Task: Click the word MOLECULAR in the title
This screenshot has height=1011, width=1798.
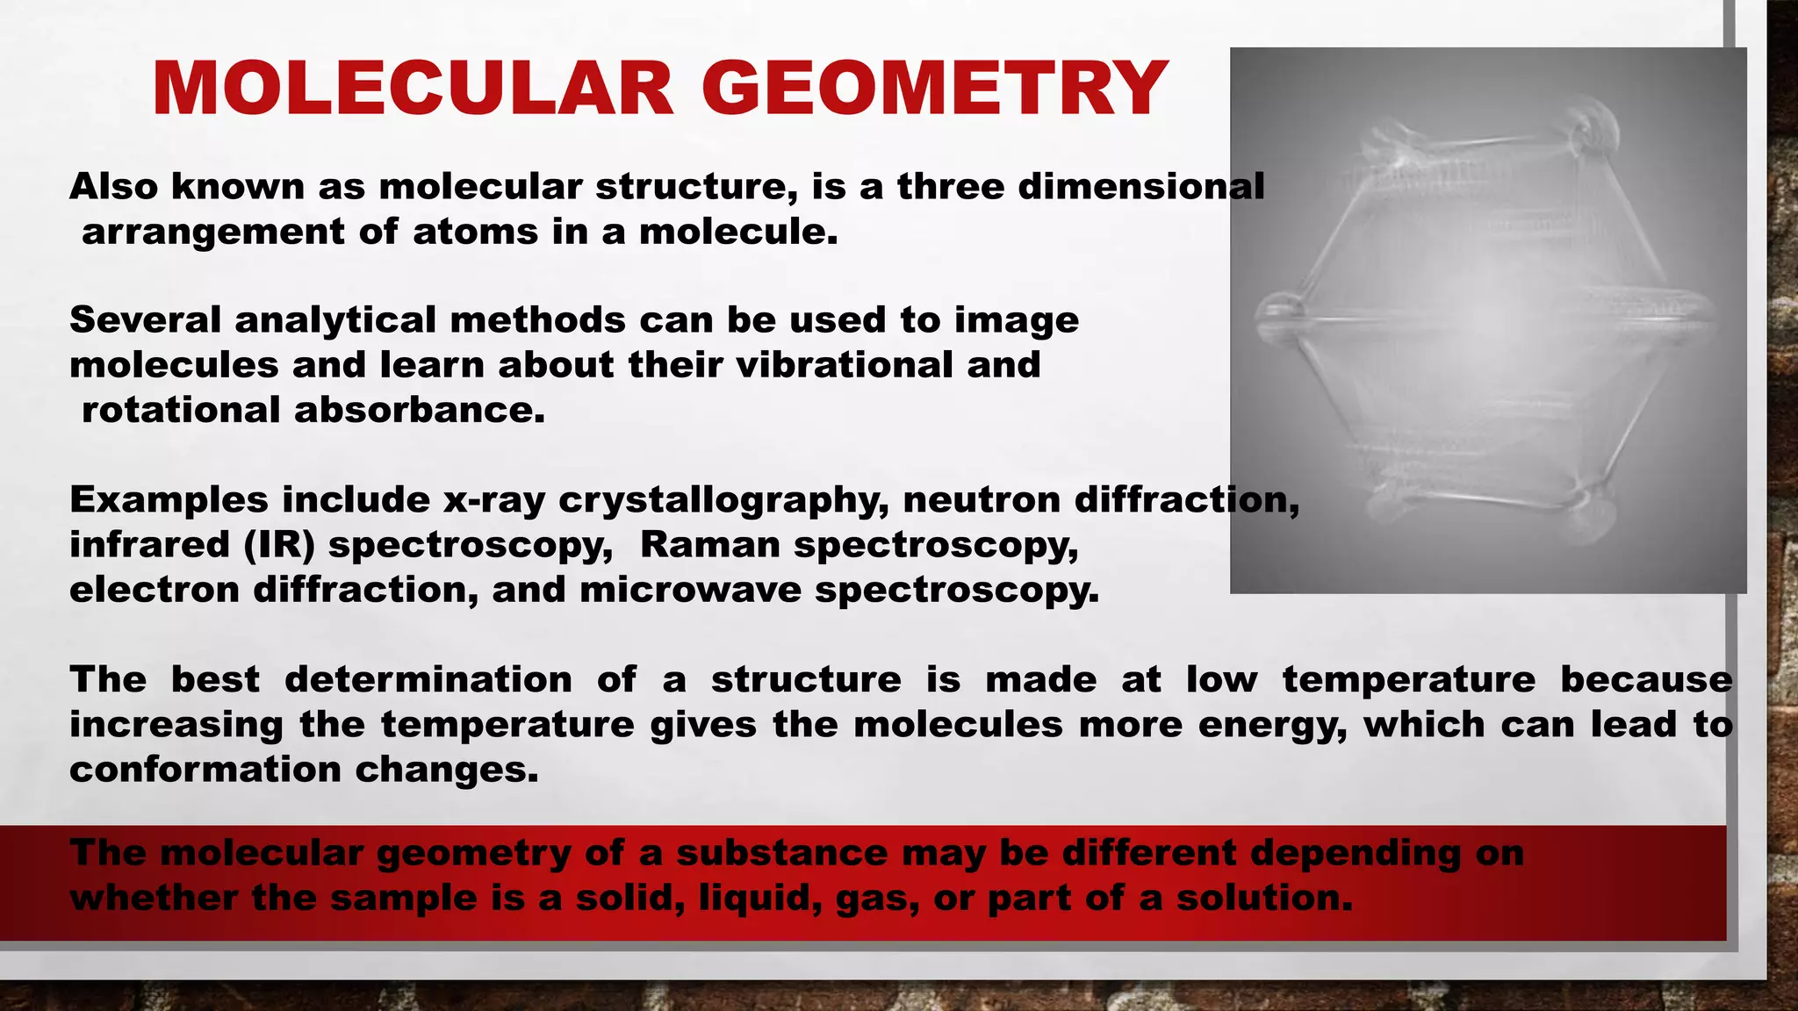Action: click(x=413, y=89)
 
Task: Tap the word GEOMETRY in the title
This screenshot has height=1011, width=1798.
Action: click(x=934, y=89)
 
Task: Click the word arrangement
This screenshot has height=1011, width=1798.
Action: click(x=213, y=232)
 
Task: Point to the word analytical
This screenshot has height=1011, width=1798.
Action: click(x=335, y=319)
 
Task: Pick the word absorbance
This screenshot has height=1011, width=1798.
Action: click(x=420, y=410)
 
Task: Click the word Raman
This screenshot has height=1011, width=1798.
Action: click(x=710, y=545)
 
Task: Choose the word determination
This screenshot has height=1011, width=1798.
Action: click(x=428, y=679)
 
